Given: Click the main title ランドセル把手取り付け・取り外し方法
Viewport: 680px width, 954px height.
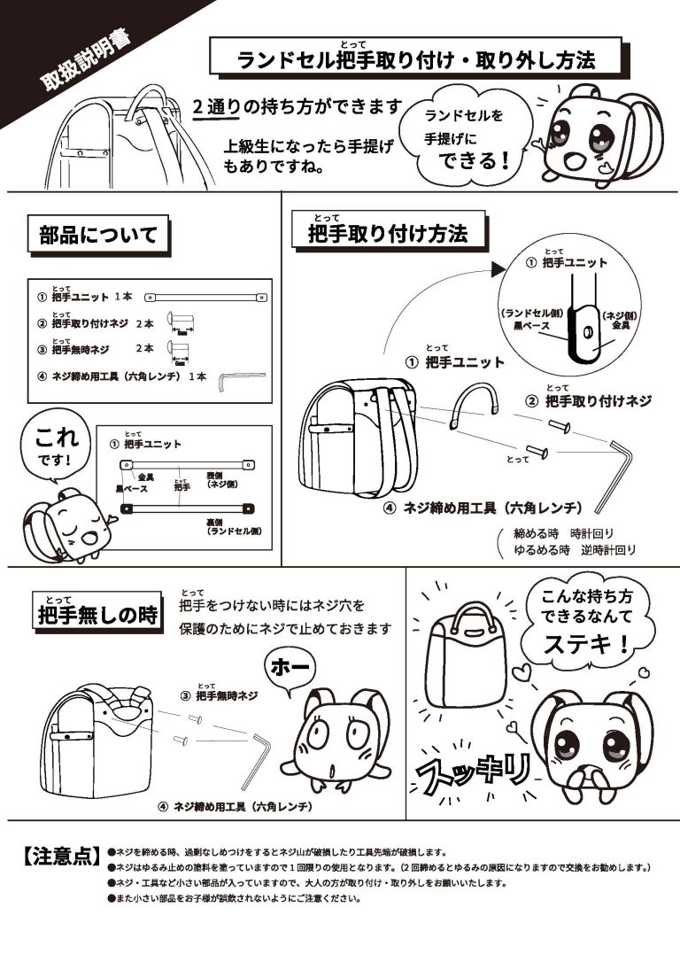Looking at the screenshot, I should click(x=415, y=59).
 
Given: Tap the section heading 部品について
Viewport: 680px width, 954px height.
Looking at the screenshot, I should click(x=97, y=236).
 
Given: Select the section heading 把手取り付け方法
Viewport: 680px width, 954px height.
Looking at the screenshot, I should click(x=387, y=234).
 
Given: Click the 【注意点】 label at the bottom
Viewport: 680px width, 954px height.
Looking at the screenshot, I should click(x=57, y=857).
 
